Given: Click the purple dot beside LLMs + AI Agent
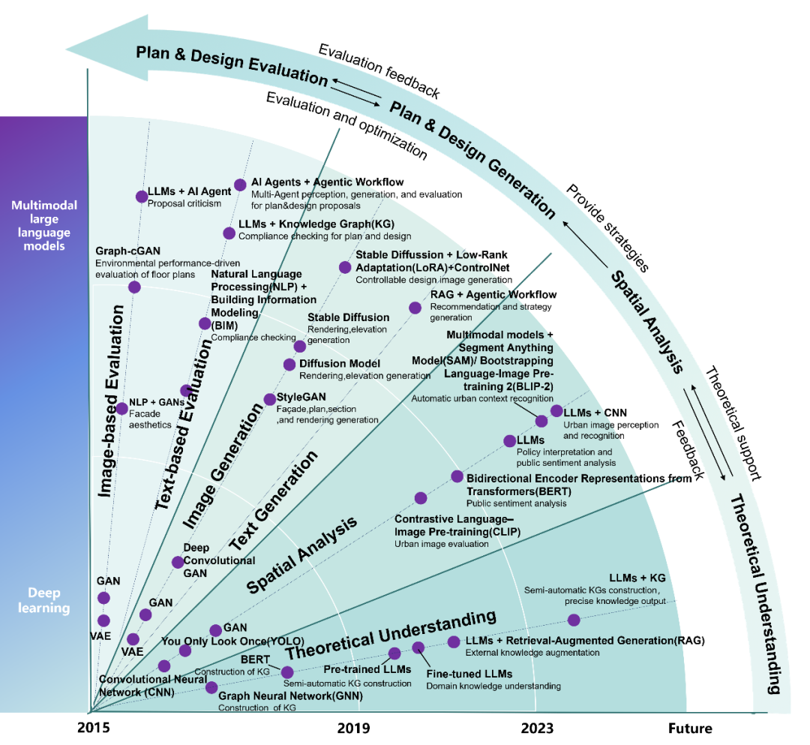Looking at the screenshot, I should (142, 197).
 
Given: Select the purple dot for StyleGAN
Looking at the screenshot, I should (270, 399).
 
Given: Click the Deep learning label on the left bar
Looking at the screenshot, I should (44, 600).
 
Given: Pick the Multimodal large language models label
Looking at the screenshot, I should (44, 225).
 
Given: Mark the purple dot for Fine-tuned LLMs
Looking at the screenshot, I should (418, 647).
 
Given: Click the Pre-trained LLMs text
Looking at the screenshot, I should (367, 668).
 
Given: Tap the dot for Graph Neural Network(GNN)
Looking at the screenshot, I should (211, 687).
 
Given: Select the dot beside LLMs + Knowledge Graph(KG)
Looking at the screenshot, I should (229, 233).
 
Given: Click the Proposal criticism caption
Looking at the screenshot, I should (184, 203).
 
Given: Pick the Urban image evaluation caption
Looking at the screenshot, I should (441, 544).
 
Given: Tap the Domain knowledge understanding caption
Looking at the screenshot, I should (493, 686).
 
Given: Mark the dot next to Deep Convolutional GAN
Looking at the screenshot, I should (178, 562).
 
